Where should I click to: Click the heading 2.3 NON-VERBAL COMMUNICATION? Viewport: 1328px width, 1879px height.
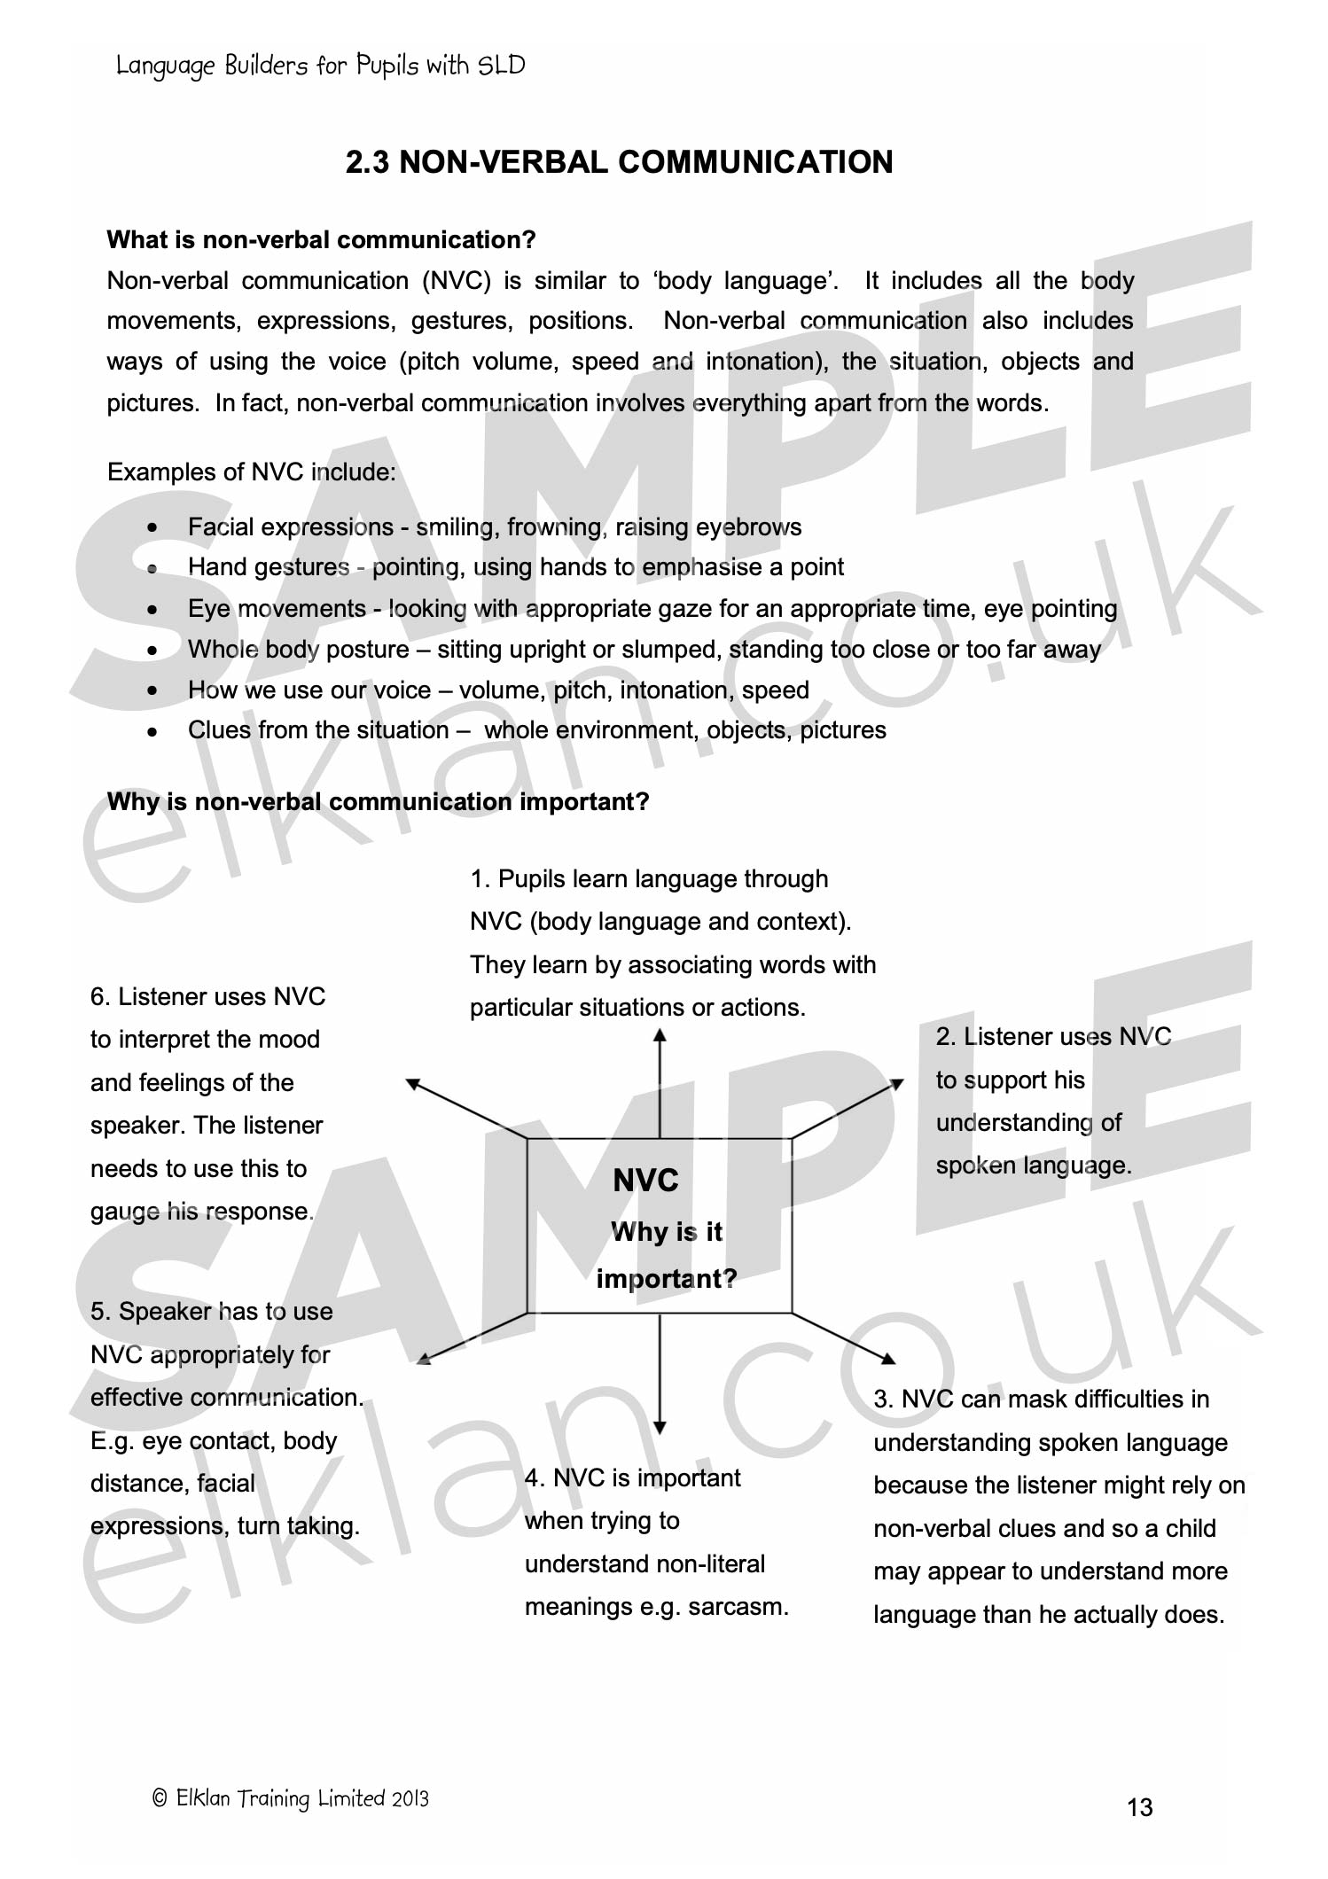[x=619, y=162]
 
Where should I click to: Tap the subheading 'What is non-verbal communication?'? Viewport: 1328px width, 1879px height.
[x=321, y=240]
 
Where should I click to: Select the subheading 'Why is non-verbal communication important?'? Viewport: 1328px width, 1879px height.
[x=378, y=802]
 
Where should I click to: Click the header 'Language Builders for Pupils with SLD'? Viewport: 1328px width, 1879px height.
[x=320, y=66]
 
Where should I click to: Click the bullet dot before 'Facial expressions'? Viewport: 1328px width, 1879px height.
[x=153, y=528]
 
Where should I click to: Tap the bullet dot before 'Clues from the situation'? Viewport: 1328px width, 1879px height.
[x=153, y=732]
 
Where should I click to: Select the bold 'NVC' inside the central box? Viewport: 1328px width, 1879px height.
[x=645, y=1181]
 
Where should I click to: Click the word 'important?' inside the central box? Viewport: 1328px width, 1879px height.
[x=666, y=1278]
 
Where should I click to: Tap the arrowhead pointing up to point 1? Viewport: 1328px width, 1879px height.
[x=660, y=1034]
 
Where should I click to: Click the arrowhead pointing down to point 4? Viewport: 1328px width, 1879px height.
[x=660, y=1427]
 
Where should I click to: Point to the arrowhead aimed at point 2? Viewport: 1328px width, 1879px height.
[x=897, y=1084]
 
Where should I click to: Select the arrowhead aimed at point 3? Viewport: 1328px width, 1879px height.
[x=889, y=1359]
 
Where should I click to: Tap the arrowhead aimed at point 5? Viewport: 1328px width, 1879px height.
[x=424, y=1359]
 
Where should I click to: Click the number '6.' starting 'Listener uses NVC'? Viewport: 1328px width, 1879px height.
[x=101, y=997]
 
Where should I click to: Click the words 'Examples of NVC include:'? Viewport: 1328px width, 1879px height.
[x=251, y=472]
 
